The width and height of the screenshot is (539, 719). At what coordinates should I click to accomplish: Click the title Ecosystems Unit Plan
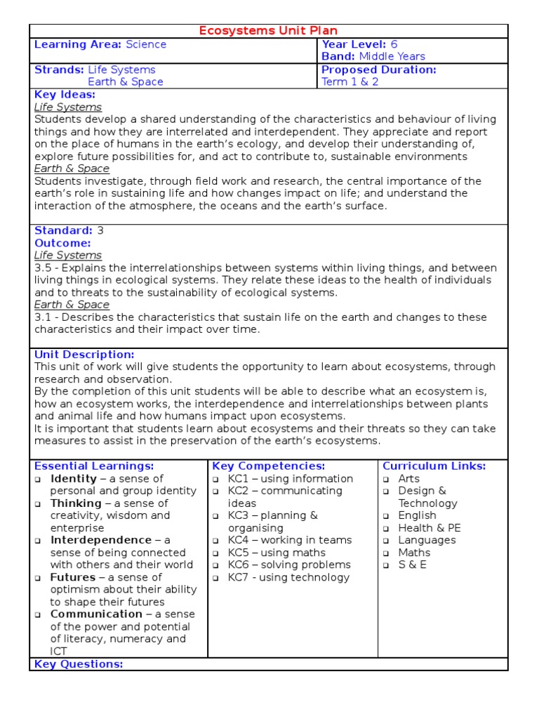pyautogui.click(x=269, y=30)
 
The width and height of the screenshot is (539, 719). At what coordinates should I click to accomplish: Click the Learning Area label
pyautogui.click(x=78, y=44)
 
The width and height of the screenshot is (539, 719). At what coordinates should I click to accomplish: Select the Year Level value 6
pyautogui.click(x=394, y=44)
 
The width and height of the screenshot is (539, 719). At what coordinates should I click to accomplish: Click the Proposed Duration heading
pyautogui.click(x=378, y=70)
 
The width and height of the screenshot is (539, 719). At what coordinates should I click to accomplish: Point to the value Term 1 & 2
pyautogui.click(x=350, y=81)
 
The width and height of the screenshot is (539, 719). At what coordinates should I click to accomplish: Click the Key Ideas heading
pyautogui.click(x=65, y=94)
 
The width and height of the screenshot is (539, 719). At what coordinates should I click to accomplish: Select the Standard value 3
pyautogui.click(x=100, y=230)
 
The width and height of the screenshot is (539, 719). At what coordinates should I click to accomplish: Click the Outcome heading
pyautogui.click(x=62, y=243)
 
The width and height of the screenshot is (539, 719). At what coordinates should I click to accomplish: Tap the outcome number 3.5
pyautogui.click(x=43, y=268)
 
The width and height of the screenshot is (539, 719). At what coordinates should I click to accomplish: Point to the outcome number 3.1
pyautogui.click(x=42, y=317)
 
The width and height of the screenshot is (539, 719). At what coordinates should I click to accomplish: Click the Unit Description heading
pyautogui.click(x=84, y=355)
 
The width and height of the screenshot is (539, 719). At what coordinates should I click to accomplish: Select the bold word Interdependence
pyautogui.click(x=101, y=540)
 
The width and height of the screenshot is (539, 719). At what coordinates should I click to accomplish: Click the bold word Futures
pyautogui.click(x=73, y=577)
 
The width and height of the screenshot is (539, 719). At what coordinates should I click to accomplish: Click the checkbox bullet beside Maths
pyautogui.click(x=386, y=553)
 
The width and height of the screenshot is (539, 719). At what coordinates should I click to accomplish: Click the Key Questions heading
pyautogui.click(x=79, y=664)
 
